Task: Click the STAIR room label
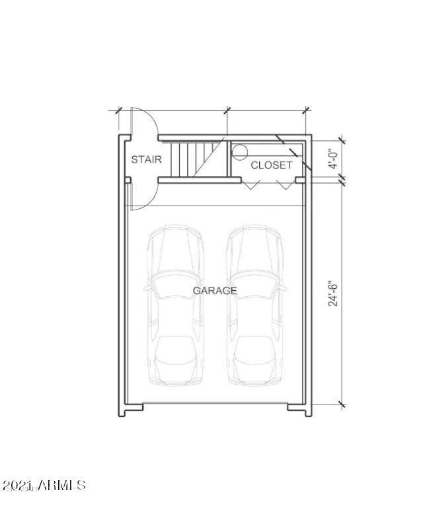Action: coord(146,159)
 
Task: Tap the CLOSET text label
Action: coord(271,165)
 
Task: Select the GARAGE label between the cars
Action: coord(215,291)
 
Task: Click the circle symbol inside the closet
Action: coord(239,152)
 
